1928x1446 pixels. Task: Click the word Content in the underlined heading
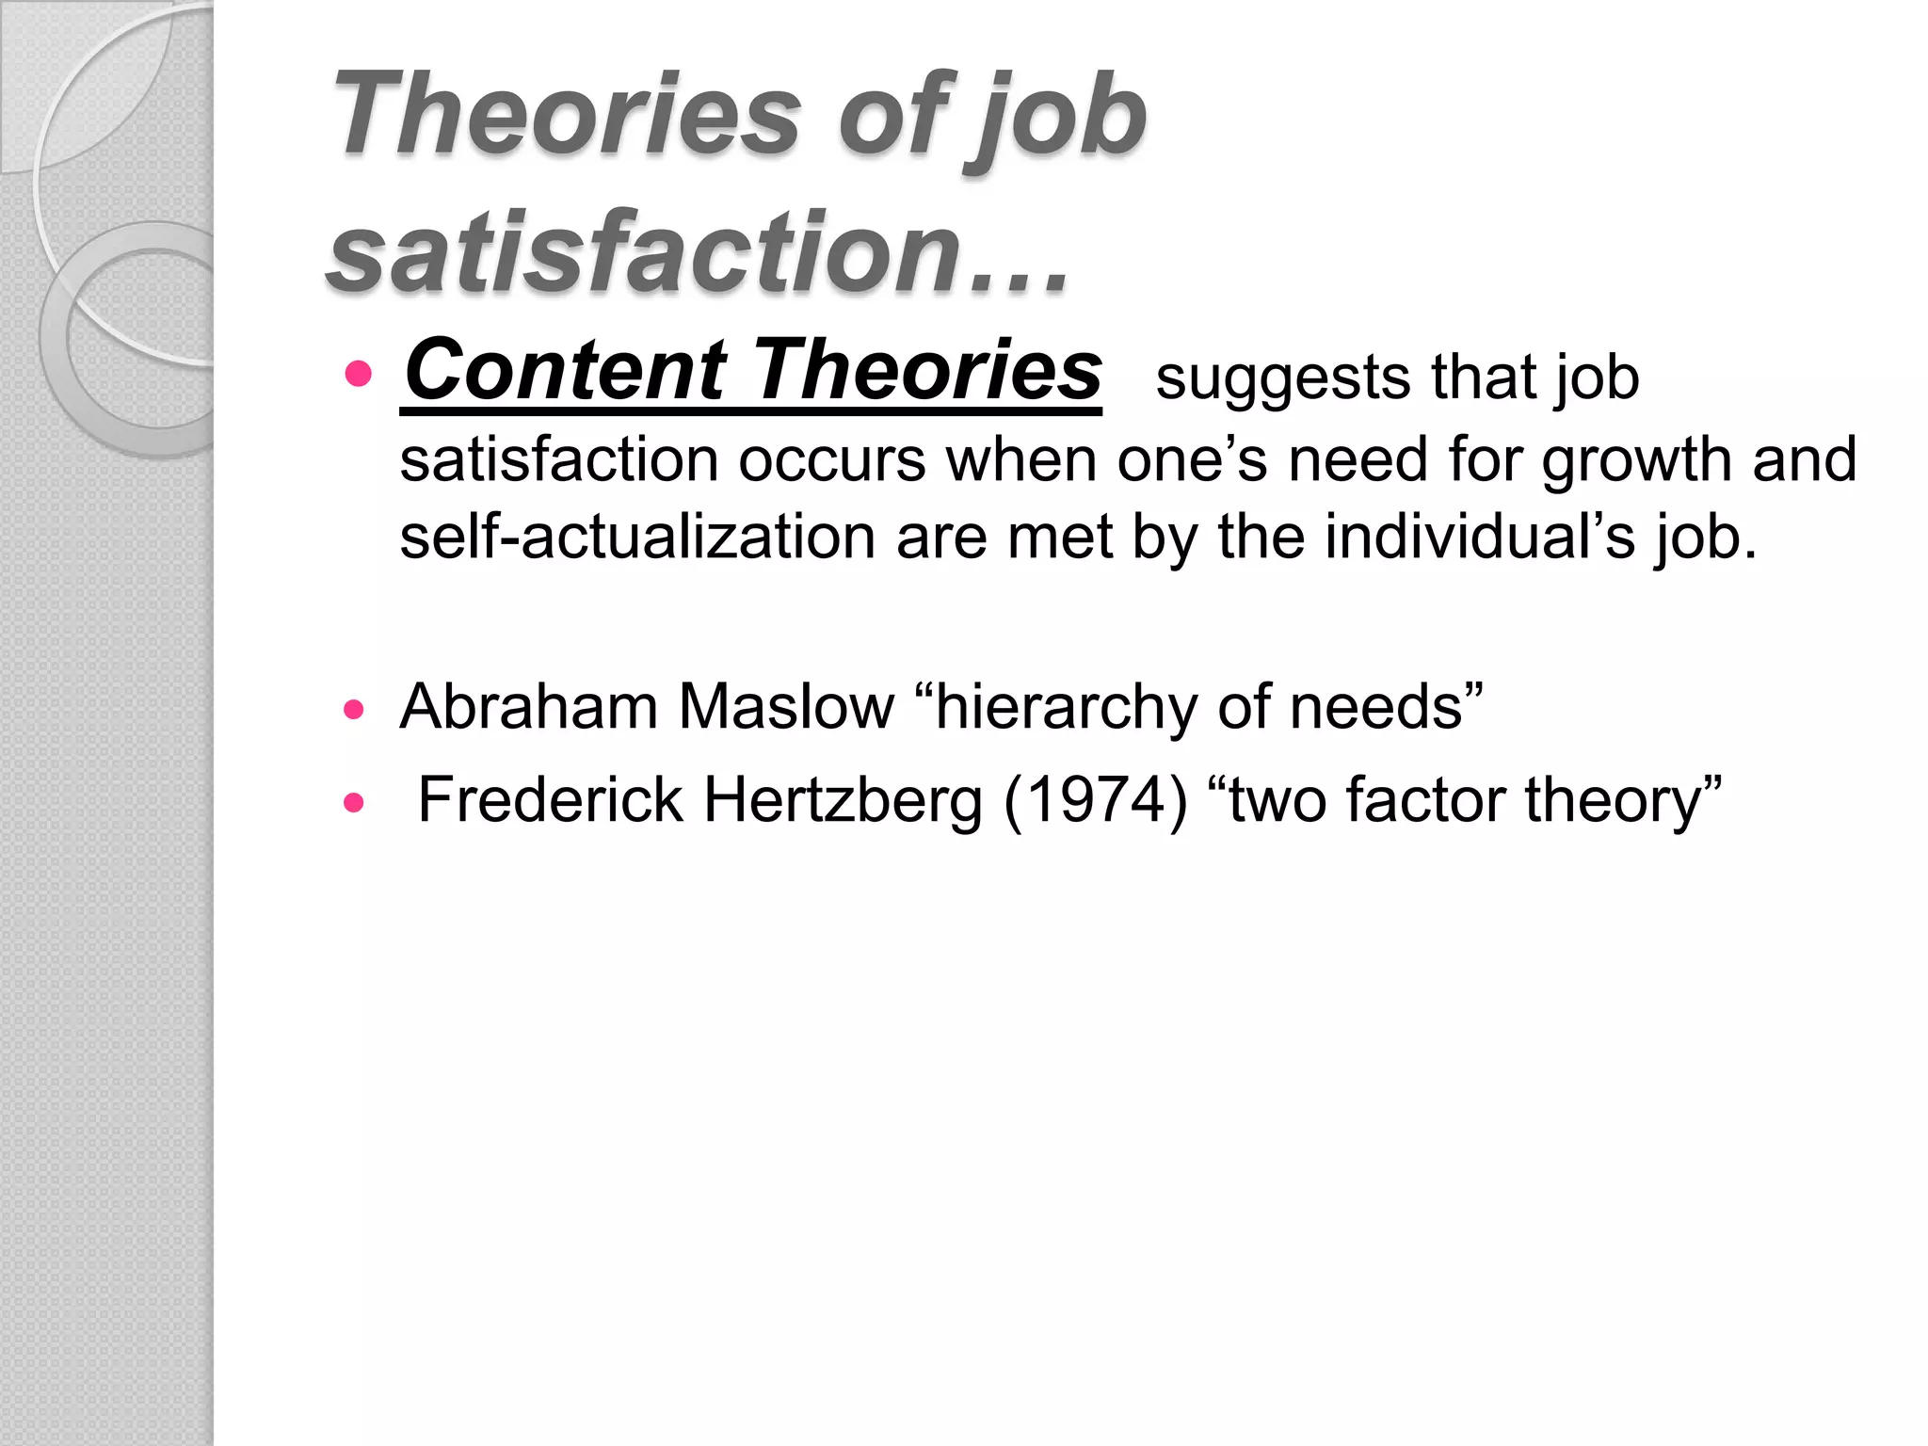566,370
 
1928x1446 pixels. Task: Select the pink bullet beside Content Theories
358,374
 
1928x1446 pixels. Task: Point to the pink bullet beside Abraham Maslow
354,710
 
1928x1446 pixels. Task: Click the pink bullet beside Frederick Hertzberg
354,803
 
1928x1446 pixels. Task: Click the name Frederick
551,800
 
